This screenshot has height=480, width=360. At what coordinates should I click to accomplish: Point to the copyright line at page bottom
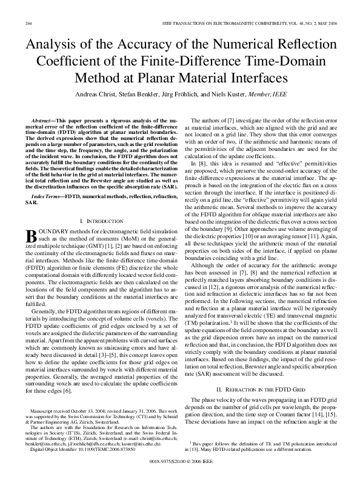click(x=180, y=461)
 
